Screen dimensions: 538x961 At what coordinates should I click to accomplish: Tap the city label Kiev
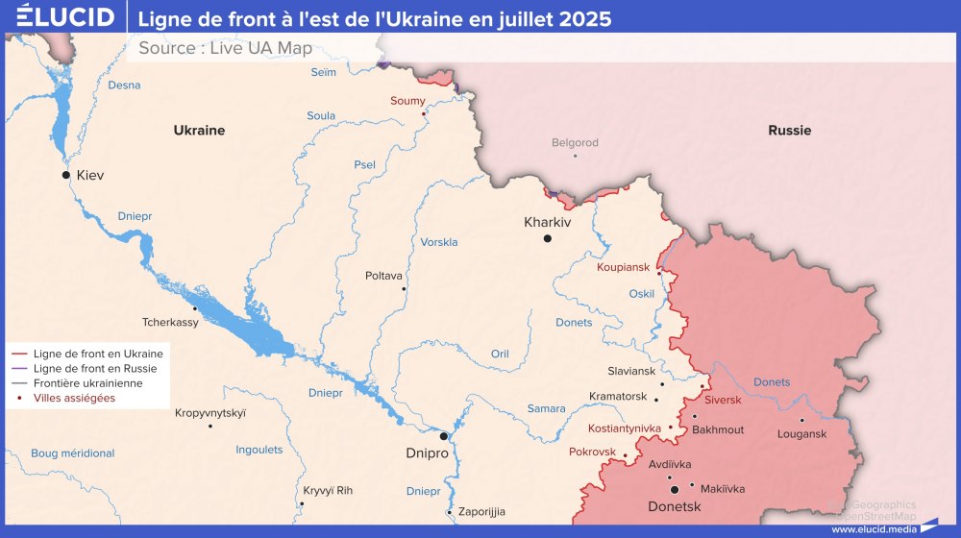(89, 175)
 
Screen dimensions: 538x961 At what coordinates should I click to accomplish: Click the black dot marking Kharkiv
(548, 238)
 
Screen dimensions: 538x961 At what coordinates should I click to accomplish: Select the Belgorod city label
(575, 143)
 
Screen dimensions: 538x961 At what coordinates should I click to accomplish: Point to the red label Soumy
(407, 101)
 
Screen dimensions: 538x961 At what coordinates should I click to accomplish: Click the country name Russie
(789, 130)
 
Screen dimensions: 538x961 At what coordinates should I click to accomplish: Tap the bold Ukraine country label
(199, 130)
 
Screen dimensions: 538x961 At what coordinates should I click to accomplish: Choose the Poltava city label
(383, 276)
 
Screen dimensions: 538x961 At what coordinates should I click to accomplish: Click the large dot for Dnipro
(444, 436)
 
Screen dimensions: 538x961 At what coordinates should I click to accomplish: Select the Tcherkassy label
(170, 323)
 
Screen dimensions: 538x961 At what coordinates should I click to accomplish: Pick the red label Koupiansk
(623, 266)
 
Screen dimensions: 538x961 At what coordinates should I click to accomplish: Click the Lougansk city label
(801, 434)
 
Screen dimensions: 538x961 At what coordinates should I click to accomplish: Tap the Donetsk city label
(674, 506)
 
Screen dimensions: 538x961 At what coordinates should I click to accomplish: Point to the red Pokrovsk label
(591, 451)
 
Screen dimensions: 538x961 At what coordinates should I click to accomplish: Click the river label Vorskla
(439, 242)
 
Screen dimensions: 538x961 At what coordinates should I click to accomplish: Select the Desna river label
(124, 86)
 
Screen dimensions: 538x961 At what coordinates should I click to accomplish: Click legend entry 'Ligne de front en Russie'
(94, 368)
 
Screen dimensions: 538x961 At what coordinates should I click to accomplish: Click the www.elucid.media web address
(874, 528)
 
